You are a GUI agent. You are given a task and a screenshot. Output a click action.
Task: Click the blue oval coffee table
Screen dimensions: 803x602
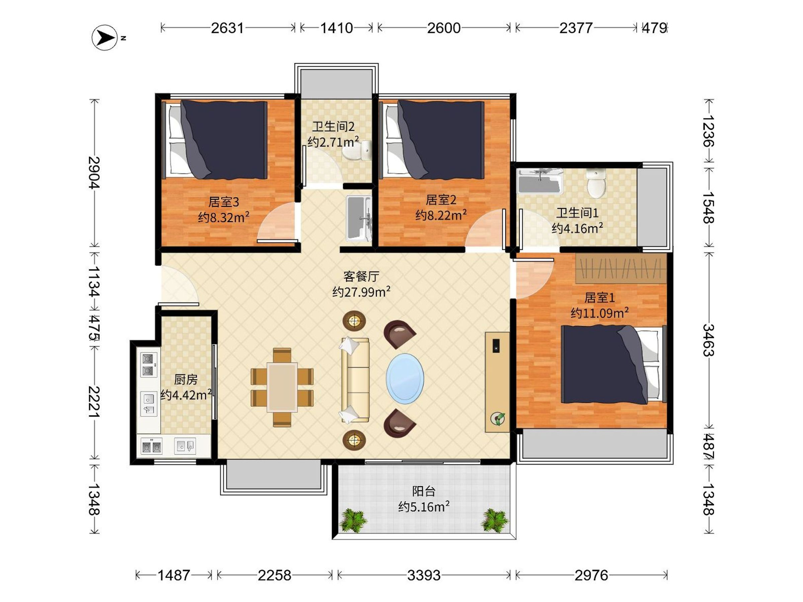[405, 379]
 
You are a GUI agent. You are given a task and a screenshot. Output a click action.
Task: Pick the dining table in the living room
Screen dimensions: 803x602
[282, 388]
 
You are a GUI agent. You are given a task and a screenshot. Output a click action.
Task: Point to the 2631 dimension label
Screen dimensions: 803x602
[227, 28]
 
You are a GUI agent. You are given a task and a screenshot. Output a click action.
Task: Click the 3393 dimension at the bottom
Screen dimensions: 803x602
[424, 575]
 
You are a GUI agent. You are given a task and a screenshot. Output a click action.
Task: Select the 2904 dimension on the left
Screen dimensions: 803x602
[94, 172]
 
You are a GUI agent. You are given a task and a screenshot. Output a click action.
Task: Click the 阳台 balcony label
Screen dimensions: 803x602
[424, 491]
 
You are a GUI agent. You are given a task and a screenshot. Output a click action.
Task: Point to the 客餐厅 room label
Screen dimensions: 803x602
[361, 277]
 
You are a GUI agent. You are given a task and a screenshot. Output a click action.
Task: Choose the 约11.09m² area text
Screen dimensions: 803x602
[599, 313]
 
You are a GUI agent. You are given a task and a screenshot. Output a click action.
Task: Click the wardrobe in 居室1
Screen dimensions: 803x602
[621, 269]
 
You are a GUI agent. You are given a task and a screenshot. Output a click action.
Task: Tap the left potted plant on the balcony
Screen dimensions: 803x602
[353, 520]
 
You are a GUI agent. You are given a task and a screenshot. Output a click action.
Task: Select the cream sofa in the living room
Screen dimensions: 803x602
[355, 380]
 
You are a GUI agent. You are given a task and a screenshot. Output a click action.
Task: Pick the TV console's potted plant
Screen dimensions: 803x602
[497, 419]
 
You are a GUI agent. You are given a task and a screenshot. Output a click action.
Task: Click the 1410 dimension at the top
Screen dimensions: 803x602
[336, 28]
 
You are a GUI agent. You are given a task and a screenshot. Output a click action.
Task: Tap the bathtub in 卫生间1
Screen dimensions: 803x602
[540, 181]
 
